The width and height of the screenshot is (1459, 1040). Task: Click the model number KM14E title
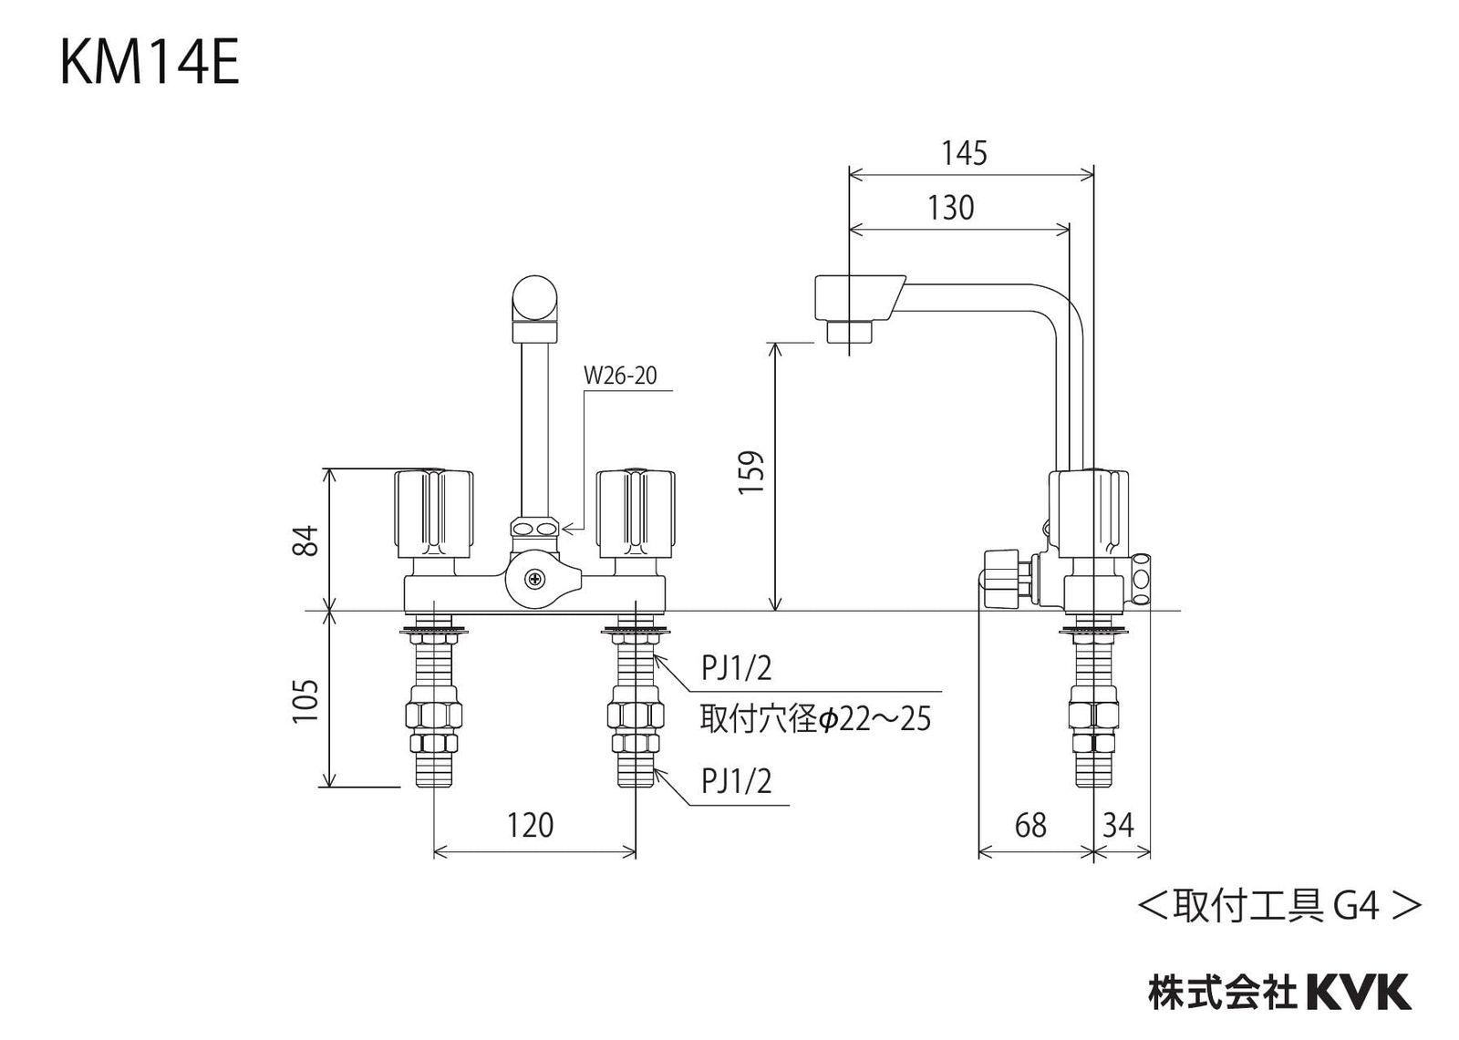point(150,65)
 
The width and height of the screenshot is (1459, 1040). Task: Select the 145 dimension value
point(964,153)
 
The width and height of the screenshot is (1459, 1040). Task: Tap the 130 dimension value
point(951,208)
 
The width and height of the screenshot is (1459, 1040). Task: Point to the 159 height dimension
point(750,473)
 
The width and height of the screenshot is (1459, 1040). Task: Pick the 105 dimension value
point(306,700)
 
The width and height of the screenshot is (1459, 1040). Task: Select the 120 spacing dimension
point(530,825)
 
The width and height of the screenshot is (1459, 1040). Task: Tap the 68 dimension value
point(1030,825)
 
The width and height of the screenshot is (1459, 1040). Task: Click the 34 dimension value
point(1118,825)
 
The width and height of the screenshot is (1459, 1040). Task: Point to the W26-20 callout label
point(620,376)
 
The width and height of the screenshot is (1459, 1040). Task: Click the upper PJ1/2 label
point(736,668)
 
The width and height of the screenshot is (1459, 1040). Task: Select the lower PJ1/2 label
point(736,781)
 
